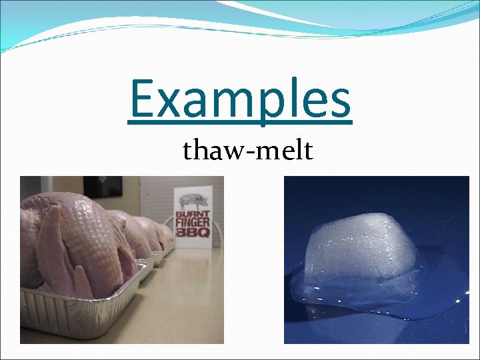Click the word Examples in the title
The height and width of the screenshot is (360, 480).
pyautogui.click(x=240, y=98)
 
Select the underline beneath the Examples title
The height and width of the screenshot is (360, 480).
pyautogui.click(x=240, y=122)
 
